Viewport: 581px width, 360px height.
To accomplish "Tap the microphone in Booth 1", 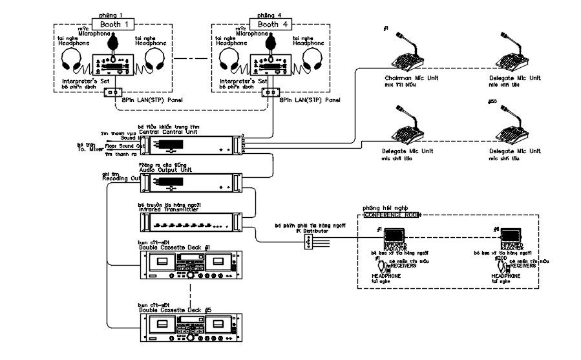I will point(112,42).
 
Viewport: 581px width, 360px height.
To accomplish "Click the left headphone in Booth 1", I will point(73,61).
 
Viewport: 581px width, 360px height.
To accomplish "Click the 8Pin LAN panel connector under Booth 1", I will point(112,93).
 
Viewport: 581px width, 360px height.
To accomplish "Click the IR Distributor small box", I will point(310,241).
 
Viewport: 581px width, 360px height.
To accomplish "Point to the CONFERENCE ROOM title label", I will point(388,215).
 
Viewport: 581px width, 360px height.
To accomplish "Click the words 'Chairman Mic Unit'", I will point(402,78).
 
